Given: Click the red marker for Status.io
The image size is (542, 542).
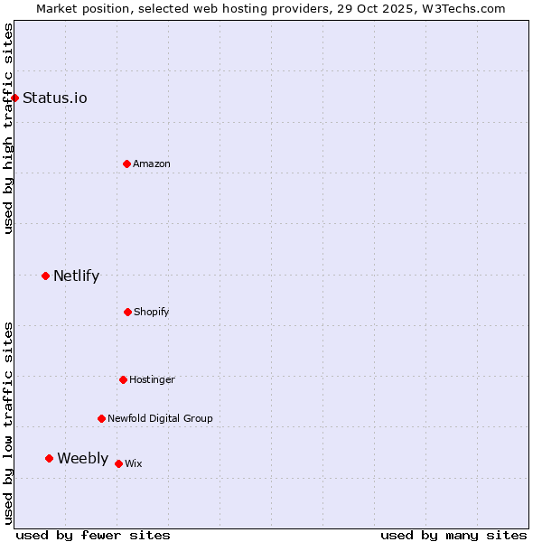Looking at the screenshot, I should point(15,98).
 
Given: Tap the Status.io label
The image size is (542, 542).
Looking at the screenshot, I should point(55,98).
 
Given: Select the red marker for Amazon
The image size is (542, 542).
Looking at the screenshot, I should point(126,164).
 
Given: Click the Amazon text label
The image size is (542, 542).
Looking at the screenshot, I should point(152,164).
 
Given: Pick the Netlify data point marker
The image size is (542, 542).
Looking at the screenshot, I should point(45,276).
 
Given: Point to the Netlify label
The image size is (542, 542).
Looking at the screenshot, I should point(76,276).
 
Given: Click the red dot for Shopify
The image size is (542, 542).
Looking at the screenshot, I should point(127,312).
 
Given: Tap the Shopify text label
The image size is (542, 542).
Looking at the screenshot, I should point(152,312).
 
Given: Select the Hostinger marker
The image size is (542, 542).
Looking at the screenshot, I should point(123,379).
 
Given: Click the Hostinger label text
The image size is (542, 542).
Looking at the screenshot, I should point(152,379).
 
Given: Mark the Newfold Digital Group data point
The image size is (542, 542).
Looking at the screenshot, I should point(101,418).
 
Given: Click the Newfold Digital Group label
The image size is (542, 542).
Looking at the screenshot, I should point(160,418).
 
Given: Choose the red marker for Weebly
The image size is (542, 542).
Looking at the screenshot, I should point(49,458).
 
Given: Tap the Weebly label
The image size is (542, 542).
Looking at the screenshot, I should point(82,458).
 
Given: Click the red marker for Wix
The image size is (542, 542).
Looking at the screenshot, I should point(118,463).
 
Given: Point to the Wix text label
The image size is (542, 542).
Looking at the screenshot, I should point(134,463).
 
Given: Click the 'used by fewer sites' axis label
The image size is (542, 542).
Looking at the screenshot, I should point(93,535).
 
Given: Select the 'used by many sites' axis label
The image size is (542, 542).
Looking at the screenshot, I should point(453,535).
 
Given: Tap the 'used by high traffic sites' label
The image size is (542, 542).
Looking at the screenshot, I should point(8,128).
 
